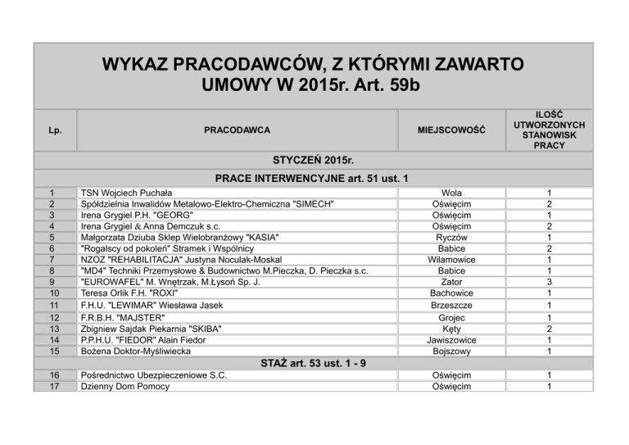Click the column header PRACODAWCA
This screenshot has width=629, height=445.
[237, 130]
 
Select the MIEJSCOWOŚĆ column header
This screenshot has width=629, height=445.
[451, 130]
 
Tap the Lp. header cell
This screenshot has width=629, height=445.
[52, 130]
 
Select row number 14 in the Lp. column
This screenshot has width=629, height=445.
[52, 339]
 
